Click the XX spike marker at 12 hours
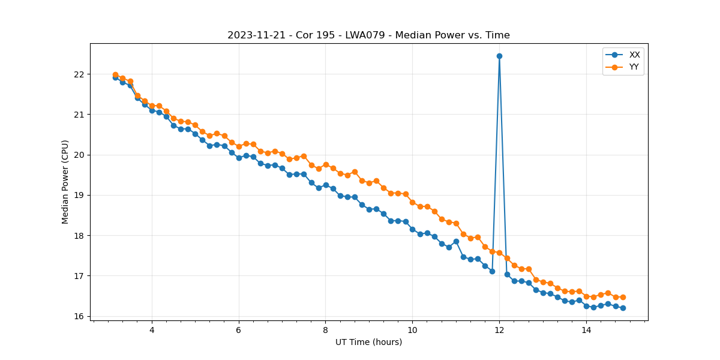[499, 56]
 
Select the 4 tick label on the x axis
[152, 330]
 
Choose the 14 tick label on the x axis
[586, 330]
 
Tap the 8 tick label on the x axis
[325, 330]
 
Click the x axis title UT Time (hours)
[368, 342]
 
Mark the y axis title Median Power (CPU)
[65, 182]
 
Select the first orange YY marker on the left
[115, 75]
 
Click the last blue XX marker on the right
[623, 308]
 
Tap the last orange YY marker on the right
[623, 297]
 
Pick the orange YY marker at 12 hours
[499, 253]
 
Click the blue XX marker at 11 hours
[456, 241]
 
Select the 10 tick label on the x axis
[412, 330]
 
